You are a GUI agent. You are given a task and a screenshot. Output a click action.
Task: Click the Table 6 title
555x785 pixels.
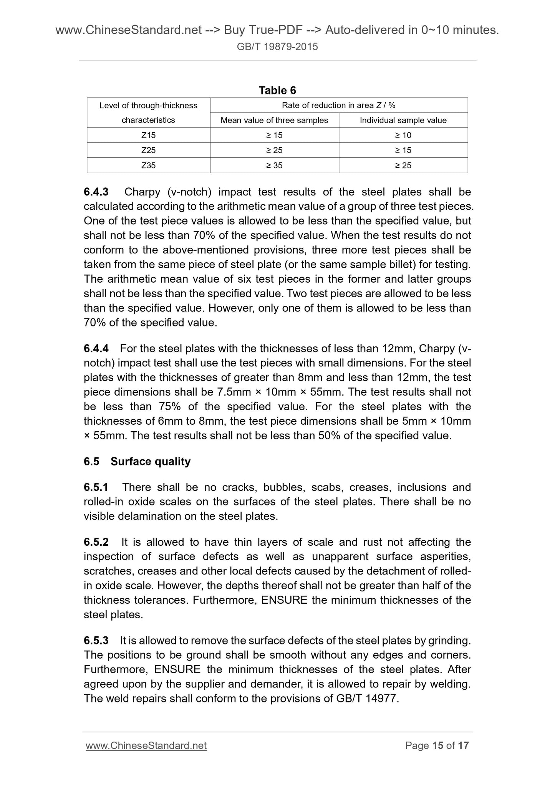pos(277,90)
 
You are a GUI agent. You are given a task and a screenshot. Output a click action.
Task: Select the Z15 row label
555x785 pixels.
pos(148,135)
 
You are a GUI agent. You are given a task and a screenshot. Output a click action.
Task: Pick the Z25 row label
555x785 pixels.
pos(148,150)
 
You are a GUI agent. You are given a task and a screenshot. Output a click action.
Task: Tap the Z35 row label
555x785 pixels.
pos(148,166)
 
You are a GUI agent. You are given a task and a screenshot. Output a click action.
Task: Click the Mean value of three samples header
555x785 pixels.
pos(274,120)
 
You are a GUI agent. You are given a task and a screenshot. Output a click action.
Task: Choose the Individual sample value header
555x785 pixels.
pos(403,120)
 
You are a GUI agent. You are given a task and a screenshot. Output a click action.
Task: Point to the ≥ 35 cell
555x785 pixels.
pos(274,166)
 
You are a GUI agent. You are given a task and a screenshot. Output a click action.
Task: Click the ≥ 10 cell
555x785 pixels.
pos(403,135)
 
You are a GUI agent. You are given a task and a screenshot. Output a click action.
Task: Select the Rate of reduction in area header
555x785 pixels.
pos(338,105)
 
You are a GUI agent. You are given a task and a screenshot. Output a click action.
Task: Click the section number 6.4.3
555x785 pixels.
pos(96,192)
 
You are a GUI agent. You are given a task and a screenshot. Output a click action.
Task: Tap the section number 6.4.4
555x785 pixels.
pos(96,348)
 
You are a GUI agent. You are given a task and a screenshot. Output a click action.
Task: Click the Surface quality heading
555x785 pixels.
pos(150,461)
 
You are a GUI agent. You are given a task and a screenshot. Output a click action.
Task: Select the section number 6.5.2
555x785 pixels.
pos(96,542)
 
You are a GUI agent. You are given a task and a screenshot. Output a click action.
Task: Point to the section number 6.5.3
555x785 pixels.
pos(96,640)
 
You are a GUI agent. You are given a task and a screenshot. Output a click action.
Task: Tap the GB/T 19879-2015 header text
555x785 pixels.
pos(277,47)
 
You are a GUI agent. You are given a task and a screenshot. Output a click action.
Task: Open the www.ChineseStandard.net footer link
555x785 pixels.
pos(146,745)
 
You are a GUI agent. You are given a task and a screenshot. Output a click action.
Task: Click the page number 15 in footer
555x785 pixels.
pos(437,745)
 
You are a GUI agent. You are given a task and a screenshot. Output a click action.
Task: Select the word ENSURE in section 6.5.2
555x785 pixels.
pos(284,600)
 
